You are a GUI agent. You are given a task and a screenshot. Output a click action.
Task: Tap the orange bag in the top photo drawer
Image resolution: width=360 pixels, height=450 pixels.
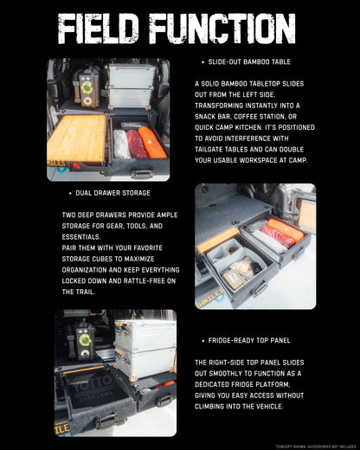[152, 142]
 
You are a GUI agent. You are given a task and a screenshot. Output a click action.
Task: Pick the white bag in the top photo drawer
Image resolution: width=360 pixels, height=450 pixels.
[121, 144]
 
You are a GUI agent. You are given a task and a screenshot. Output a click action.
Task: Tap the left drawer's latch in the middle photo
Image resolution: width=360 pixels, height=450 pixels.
[256, 289]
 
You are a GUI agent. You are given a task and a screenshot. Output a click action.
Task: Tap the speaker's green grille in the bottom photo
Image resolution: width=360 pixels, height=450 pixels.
[85, 340]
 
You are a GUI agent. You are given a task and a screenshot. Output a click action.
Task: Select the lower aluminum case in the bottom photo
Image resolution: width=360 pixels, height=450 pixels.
[145, 364]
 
